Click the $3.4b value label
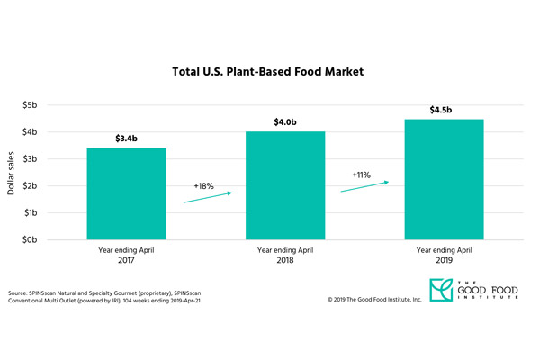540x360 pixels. (x=126, y=139)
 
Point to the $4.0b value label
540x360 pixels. (x=285, y=122)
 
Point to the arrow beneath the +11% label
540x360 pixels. (x=364, y=186)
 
